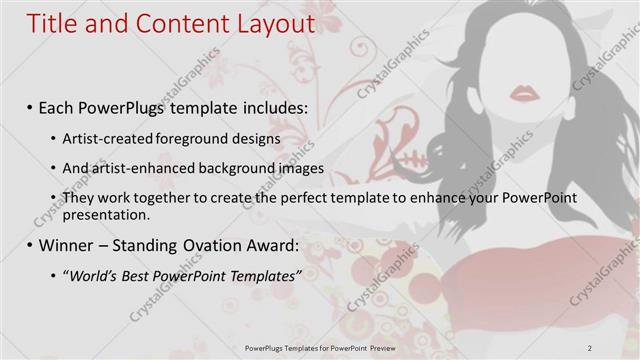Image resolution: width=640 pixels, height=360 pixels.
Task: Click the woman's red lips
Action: pos(525,94)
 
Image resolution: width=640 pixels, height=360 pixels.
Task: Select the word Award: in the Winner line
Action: pos(265,243)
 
